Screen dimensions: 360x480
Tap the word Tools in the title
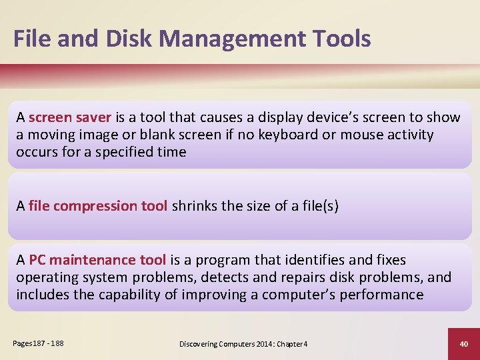coord(340,39)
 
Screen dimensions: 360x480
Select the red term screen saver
coord(70,117)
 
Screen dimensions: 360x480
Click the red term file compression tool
coord(98,206)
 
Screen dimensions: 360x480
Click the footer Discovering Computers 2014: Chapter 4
coord(243,343)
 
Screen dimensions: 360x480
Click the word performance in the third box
coord(381,295)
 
